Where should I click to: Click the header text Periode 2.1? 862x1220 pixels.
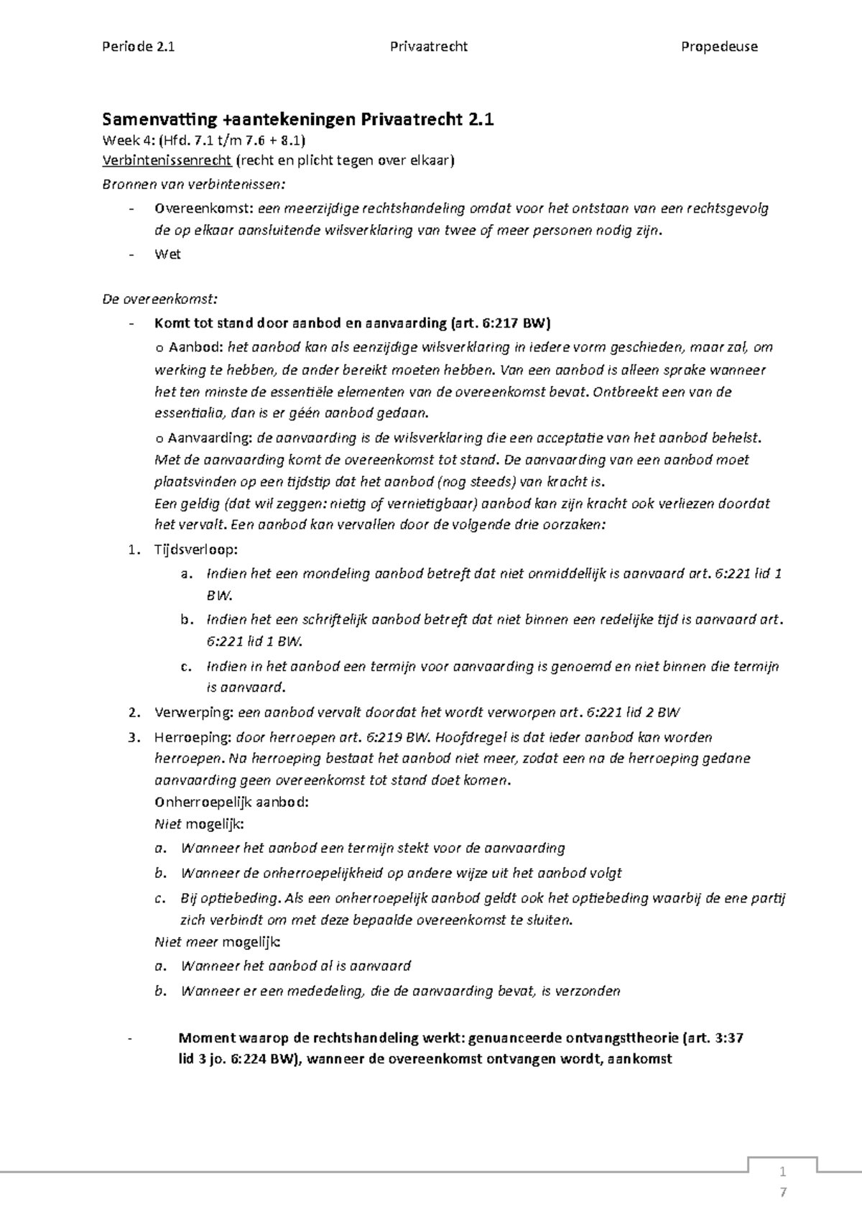click(138, 47)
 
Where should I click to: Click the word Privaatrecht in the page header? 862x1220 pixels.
click(429, 47)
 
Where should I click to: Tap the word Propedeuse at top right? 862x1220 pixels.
click(719, 47)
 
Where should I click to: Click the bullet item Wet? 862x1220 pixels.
click(167, 254)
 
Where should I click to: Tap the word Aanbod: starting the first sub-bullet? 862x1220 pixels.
click(195, 348)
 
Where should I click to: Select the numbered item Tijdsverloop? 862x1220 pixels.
click(195, 550)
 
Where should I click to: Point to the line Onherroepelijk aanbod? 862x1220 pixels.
click(231, 803)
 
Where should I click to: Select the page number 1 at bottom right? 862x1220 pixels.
click(783, 1172)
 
